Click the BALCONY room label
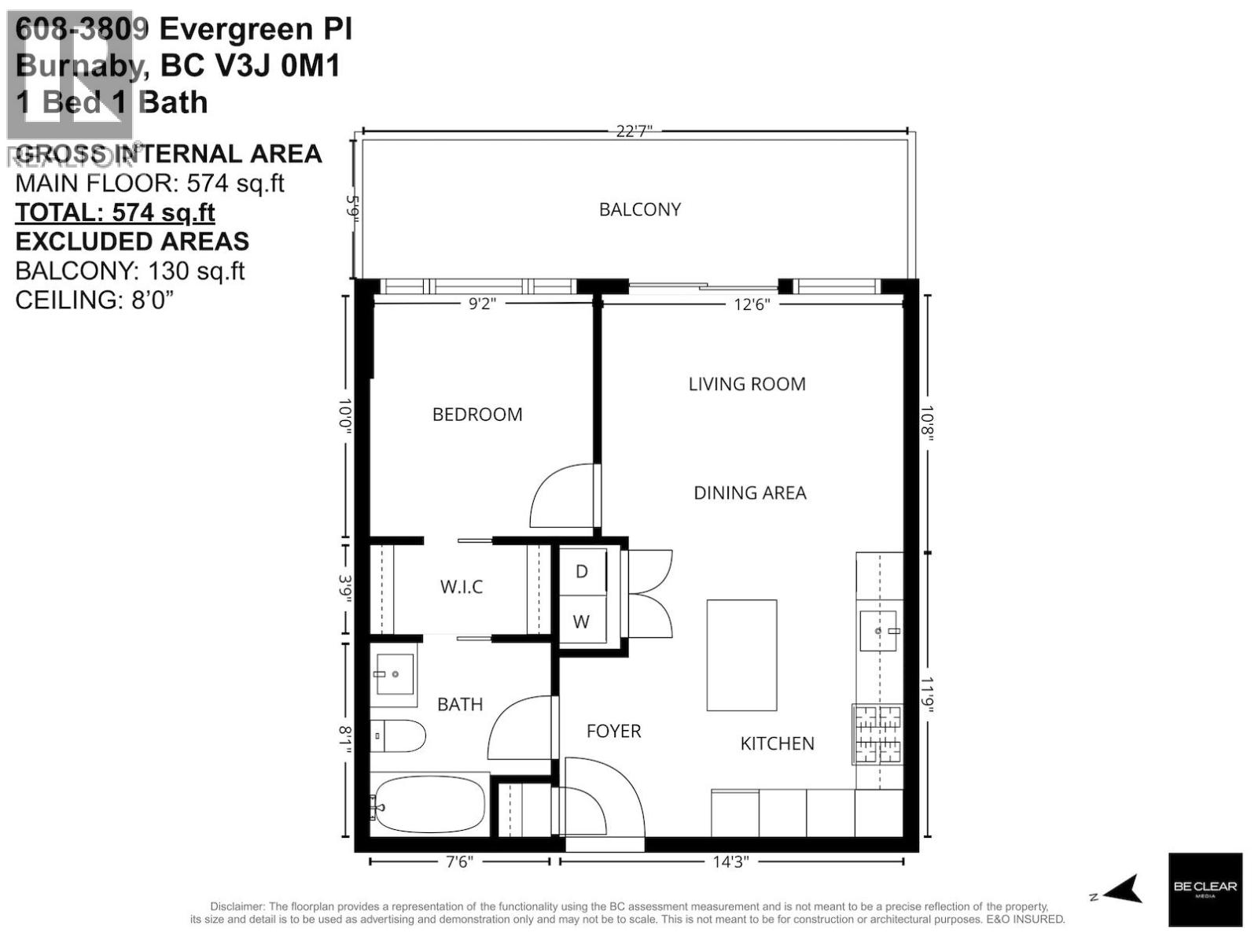[x=639, y=209]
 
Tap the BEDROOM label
[x=477, y=415]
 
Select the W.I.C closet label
[x=462, y=587]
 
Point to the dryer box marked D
[x=582, y=571]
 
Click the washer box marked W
[x=581, y=621]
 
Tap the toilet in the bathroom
[x=398, y=736]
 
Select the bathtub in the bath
[x=429, y=805]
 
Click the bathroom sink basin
[x=395, y=674]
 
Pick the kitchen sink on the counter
[x=878, y=631]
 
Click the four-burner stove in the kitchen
[x=878, y=735]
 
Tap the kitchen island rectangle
[x=741, y=655]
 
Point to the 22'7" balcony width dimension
[x=634, y=131]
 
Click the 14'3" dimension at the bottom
[x=730, y=862]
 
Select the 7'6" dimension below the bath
[x=460, y=862]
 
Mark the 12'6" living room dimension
[x=751, y=304]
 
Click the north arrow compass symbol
[x=1122, y=891]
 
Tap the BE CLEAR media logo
[x=1205, y=889]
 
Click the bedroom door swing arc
[x=560, y=497]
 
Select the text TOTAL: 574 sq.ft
[x=115, y=212]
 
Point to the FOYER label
[x=613, y=731]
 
